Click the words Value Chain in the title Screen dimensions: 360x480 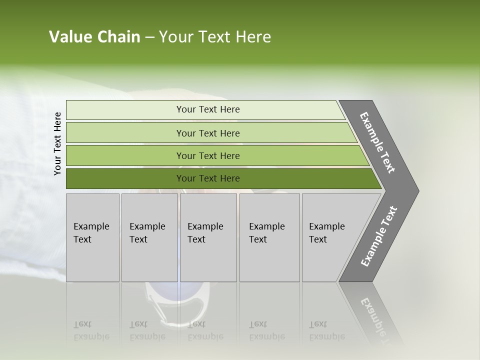click(x=94, y=37)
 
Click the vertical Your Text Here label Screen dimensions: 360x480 click(x=57, y=143)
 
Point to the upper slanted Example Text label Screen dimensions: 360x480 click(x=377, y=142)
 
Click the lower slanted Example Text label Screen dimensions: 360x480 click(x=379, y=236)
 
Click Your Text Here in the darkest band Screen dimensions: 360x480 click(x=208, y=178)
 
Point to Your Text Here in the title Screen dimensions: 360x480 click(x=215, y=37)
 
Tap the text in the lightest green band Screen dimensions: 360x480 click(x=208, y=109)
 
